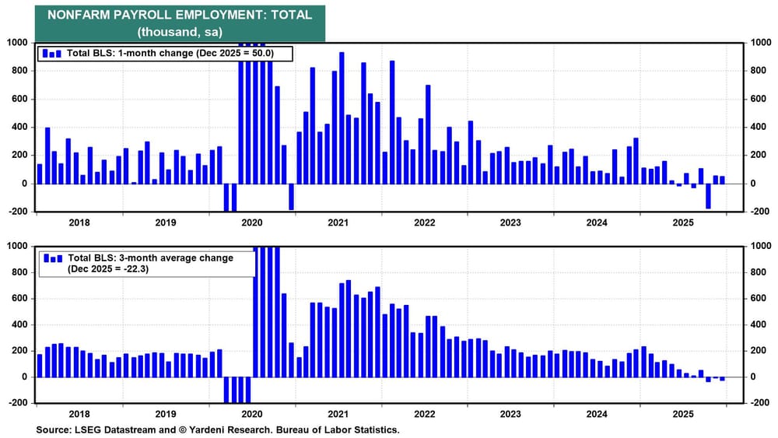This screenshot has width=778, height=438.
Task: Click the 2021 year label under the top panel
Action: pyautogui.click(x=337, y=223)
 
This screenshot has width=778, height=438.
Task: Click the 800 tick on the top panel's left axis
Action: pyautogui.click(x=19, y=71)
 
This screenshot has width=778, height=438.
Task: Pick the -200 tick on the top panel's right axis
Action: pyautogui.click(x=758, y=212)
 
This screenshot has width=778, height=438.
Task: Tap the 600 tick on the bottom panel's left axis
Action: pyautogui.click(x=19, y=298)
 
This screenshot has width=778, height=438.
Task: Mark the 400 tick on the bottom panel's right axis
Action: pyautogui.click(x=758, y=324)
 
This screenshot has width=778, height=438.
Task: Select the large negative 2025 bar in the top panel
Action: pyautogui.click(x=708, y=196)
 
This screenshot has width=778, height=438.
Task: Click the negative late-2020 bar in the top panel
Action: pyautogui.click(x=291, y=197)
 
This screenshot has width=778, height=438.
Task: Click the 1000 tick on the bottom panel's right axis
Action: pyautogui.click(x=758, y=246)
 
